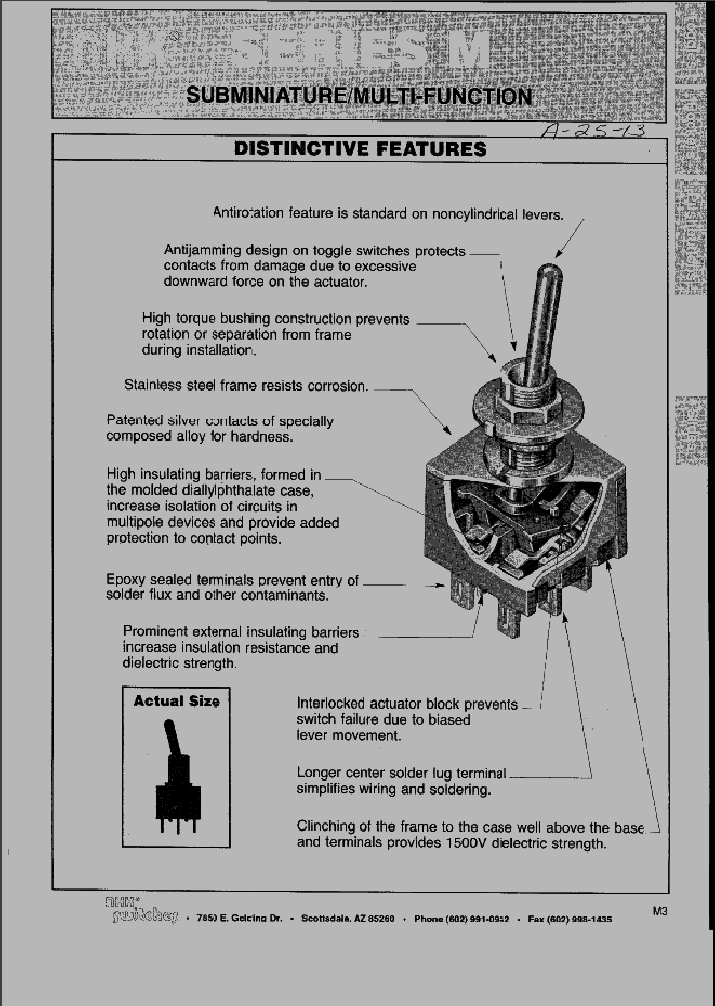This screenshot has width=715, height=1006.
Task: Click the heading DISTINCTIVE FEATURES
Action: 359,149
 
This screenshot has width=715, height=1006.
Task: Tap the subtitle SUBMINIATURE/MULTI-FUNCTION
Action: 358,96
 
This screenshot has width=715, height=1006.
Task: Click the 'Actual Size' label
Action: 176,701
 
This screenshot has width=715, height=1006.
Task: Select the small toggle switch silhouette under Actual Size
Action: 177,785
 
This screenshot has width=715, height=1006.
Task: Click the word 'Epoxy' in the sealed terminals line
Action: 126,580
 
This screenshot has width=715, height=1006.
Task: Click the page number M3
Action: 663,910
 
